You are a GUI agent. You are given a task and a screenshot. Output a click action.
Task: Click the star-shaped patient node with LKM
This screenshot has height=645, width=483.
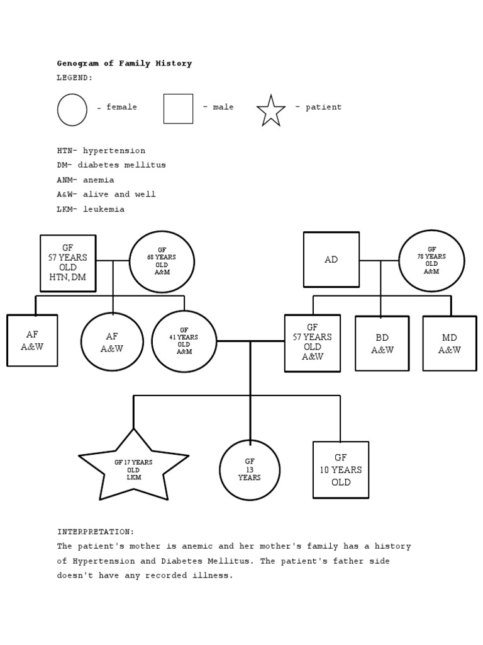[133, 469]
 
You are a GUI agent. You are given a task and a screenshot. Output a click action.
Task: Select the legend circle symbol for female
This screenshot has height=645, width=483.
[72, 110]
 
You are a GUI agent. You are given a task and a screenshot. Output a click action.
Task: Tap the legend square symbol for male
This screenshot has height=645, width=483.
[178, 109]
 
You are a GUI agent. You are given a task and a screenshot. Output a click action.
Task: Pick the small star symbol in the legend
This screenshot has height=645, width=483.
[271, 111]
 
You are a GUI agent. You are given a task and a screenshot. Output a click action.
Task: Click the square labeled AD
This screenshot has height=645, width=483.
[331, 260]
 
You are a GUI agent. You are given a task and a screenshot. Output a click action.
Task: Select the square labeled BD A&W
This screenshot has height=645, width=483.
[382, 343]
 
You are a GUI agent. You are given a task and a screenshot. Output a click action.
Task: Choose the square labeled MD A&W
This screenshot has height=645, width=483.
[450, 343]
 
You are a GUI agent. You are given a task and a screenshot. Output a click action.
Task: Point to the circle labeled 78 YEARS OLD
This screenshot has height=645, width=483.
[431, 261]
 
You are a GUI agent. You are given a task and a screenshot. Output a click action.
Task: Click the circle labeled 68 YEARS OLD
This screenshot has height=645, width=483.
[162, 262]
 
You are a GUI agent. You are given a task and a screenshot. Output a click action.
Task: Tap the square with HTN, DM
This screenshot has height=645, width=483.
[68, 263]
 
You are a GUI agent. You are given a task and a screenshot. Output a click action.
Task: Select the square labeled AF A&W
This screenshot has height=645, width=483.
[32, 340]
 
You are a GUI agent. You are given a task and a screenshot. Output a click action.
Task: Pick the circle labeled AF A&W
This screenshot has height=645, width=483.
[112, 342]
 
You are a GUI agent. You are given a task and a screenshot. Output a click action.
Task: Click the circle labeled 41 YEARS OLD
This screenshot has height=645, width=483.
[184, 341]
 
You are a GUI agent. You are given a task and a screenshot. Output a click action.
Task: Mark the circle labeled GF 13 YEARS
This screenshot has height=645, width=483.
[250, 470]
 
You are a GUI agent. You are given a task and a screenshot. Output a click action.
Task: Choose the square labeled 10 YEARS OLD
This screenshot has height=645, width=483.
[341, 470]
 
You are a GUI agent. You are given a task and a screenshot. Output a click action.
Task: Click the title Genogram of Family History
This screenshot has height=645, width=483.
[125, 64]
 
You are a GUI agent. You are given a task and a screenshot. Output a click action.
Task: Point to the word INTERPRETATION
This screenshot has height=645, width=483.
[96, 532]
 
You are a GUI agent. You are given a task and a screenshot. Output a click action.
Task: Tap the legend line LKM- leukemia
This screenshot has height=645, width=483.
[91, 209]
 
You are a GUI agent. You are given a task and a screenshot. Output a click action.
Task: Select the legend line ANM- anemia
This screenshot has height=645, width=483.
[86, 180]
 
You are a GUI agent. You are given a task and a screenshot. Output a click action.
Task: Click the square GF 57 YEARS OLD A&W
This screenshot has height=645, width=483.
[313, 343]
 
